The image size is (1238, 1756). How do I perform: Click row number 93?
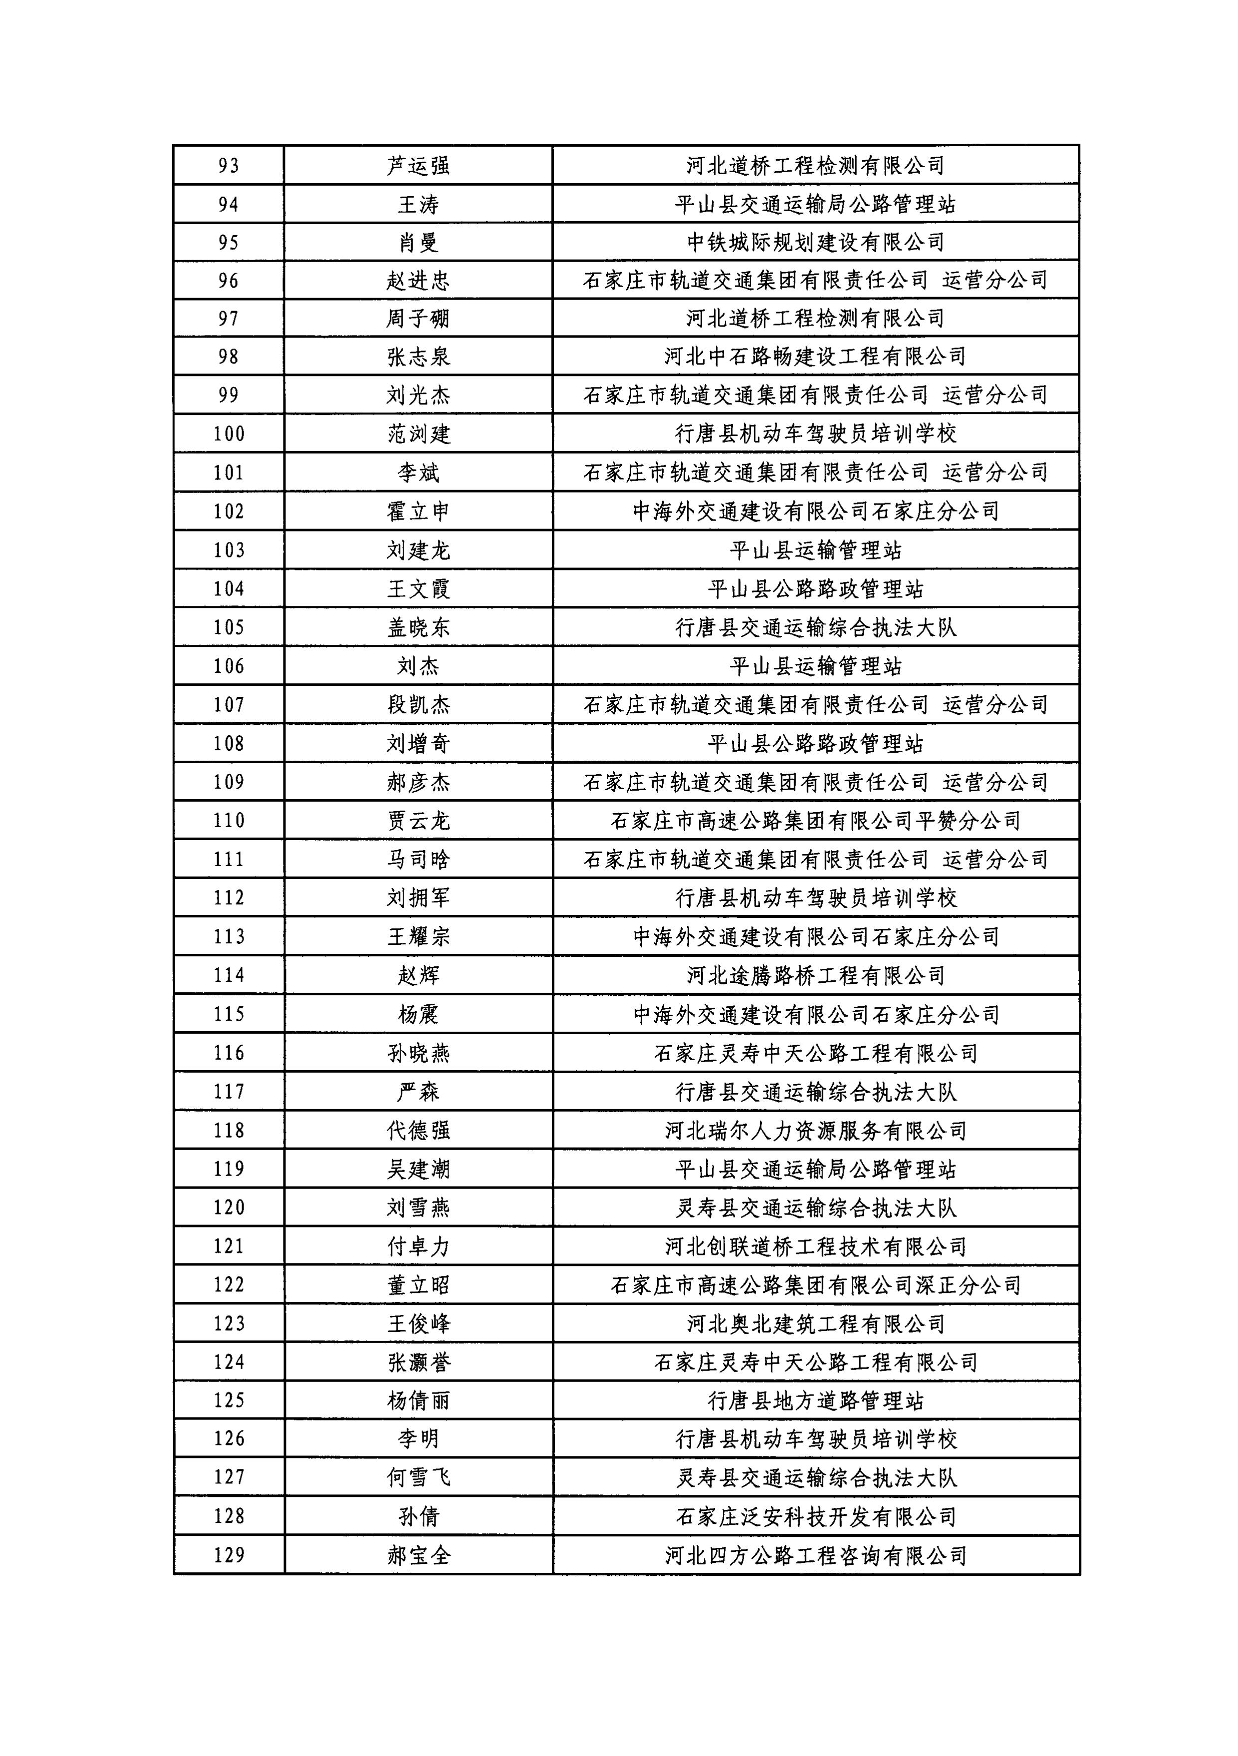(x=229, y=166)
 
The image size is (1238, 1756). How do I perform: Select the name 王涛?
(x=418, y=204)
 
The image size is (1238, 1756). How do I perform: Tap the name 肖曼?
(x=418, y=243)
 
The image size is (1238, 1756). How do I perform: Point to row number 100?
(x=229, y=434)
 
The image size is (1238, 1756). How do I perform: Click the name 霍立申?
(x=418, y=511)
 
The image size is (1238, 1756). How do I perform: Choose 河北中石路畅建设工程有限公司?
(x=815, y=356)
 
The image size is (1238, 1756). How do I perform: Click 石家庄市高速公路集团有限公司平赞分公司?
(x=815, y=821)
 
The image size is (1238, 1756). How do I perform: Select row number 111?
(x=229, y=859)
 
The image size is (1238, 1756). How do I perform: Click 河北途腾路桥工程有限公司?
(x=815, y=975)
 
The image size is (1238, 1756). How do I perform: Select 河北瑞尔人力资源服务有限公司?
(x=815, y=1131)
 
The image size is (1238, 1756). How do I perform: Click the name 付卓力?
(x=418, y=1247)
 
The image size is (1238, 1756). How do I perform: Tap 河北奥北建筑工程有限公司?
(x=815, y=1324)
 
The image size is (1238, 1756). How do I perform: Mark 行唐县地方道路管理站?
(x=815, y=1401)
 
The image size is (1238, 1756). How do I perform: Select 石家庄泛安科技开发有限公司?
(x=815, y=1516)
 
